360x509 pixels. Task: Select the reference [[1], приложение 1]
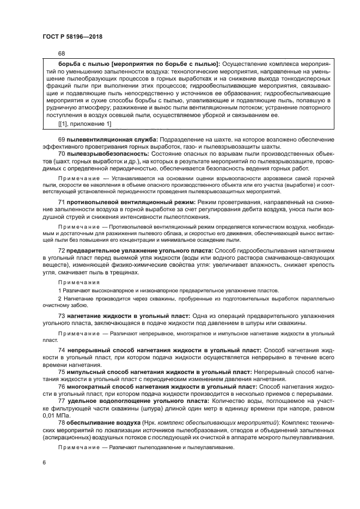point(84,124)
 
